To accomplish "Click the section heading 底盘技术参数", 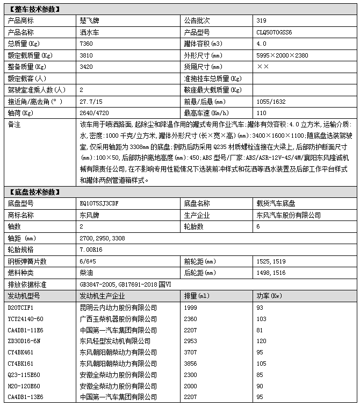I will (x=33, y=192).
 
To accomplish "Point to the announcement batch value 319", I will (x=262, y=21).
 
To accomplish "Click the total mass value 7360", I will (x=86, y=44).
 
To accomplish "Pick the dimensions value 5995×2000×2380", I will (x=283, y=55).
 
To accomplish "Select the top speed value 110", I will (x=262, y=113).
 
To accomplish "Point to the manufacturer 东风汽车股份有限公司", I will (x=289, y=215).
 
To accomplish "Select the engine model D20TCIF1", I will (x=20, y=307).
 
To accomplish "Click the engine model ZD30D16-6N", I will (x=24, y=341).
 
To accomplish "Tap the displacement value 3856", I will (x=190, y=364).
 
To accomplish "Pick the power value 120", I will (x=262, y=341).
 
